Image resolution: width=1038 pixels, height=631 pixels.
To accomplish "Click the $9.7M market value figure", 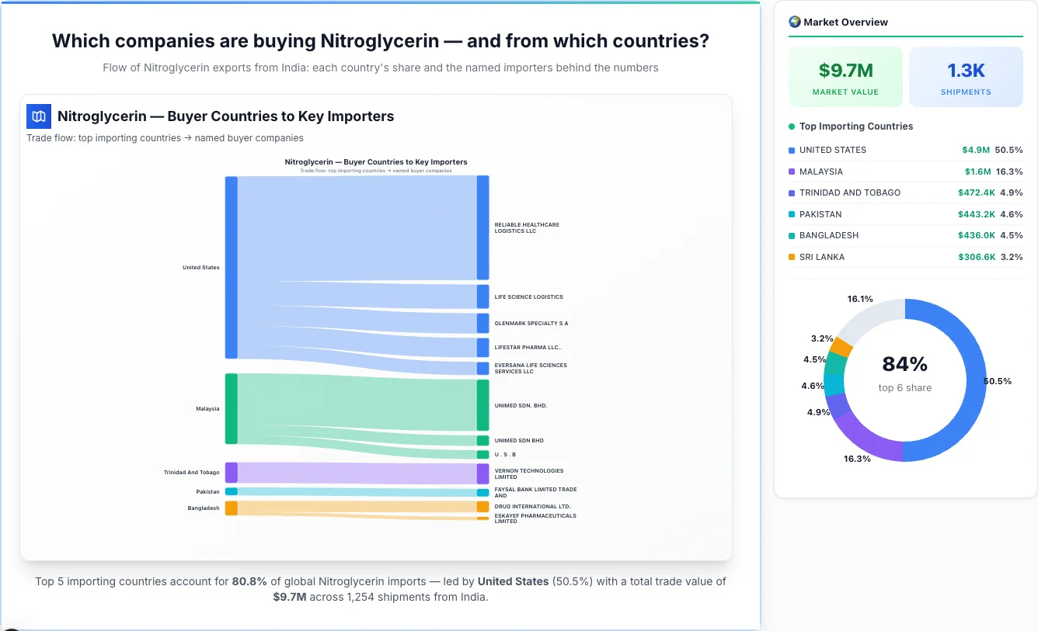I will tap(845, 71).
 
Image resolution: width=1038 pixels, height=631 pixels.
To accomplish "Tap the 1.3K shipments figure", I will tap(966, 71).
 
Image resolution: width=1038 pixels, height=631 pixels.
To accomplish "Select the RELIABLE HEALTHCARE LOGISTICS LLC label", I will tap(527, 227).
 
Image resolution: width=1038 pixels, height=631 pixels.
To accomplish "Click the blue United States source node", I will tap(232, 268).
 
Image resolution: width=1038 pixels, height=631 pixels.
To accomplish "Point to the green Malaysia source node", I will tap(232, 408).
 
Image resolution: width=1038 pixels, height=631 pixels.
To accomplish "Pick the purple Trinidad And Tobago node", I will tap(232, 472).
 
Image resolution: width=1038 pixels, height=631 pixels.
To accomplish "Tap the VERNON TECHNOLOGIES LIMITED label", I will tap(528, 473).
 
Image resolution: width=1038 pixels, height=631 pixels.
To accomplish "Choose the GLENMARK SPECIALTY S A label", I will tap(531, 323).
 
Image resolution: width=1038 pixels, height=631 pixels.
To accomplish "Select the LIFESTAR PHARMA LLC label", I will tap(528, 347).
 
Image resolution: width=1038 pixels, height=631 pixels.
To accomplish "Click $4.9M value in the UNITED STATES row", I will tap(976, 150).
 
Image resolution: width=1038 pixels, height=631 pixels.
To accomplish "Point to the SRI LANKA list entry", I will tap(822, 257).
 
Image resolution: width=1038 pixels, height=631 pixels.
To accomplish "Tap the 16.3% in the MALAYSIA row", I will tap(1008, 172).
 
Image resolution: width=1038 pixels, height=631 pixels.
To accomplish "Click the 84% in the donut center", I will tap(904, 364).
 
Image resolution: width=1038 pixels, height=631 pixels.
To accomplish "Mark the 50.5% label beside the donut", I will tap(997, 381).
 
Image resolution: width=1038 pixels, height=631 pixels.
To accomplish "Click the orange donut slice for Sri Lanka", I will tap(841, 347).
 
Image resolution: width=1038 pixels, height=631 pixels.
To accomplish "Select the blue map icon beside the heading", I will tap(39, 116).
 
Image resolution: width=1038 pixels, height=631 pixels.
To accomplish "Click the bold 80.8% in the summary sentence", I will tap(249, 581).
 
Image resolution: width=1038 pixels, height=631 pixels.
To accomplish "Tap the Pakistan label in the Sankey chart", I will tap(207, 491).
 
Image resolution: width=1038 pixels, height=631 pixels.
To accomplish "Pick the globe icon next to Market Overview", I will tap(794, 22).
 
